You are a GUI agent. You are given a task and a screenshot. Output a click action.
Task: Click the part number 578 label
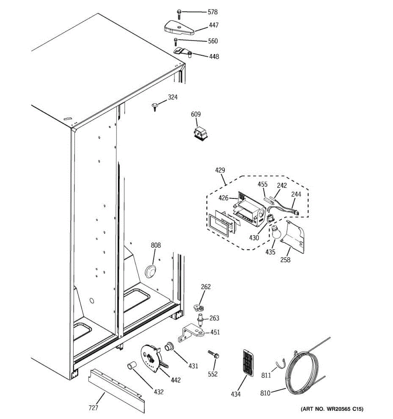pyautogui.click(x=212, y=12)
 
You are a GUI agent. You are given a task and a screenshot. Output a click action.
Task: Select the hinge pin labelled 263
pyautogui.click(x=201, y=319)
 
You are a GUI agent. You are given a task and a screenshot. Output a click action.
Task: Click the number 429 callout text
pyautogui.click(x=220, y=170)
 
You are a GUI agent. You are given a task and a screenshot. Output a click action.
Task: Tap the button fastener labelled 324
pyautogui.click(x=155, y=105)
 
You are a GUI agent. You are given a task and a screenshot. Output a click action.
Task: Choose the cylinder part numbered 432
pyautogui.click(x=131, y=366)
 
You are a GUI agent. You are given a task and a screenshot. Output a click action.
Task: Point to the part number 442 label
pyautogui.click(x=176, y=380)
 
